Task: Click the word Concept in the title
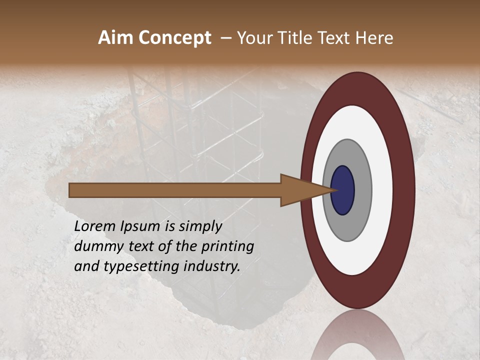(174, 38)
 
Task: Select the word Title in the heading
(296, 38)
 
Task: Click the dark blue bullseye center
(342, 190)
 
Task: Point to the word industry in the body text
(213, 266)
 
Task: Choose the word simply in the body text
(200, 226)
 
